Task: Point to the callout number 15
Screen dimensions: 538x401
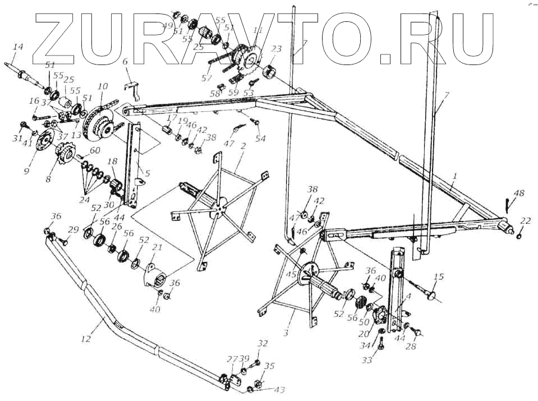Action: tap(439, 276)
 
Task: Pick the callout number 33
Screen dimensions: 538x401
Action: tap(367, 360)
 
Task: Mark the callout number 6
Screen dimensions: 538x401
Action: tap(125, 62)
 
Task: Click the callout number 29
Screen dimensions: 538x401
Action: tap(73, 230)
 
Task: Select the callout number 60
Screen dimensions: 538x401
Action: tap(95, 150)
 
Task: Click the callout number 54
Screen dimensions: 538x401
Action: tap(260, 138)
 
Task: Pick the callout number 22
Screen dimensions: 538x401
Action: tap(525, 220)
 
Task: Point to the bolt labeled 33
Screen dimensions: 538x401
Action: tap(379, 339)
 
